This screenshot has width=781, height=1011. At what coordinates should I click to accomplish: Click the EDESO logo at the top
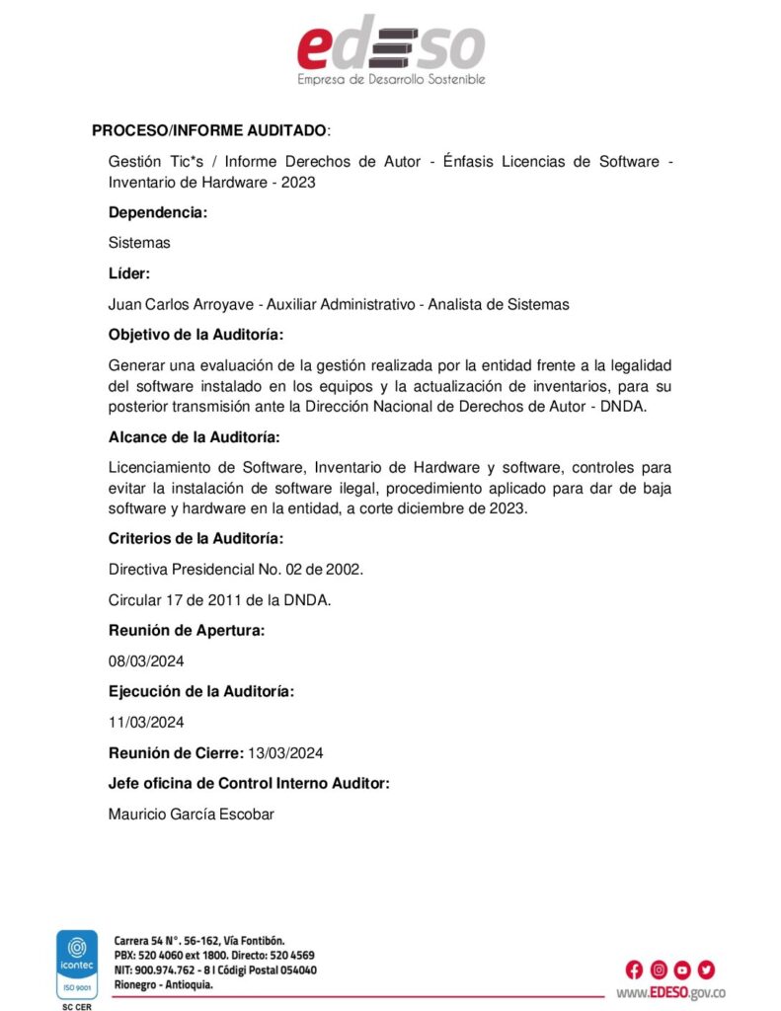tap(391, 49)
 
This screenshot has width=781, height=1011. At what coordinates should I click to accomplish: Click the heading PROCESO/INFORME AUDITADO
tap(209, 130)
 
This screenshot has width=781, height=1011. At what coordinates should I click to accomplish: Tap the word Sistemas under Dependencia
tap(139, 243)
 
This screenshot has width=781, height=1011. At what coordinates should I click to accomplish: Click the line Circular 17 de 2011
tap(219, 599)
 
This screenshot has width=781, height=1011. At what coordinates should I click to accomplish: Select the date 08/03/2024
tap(146, 661)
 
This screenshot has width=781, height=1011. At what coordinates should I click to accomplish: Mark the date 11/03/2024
tap(146, 722)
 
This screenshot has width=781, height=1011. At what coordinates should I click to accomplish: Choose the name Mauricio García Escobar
tap(191, 814)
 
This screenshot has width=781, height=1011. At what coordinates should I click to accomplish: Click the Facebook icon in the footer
tap(634, 969)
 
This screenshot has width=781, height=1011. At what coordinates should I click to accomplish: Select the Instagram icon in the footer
tap(658, 969)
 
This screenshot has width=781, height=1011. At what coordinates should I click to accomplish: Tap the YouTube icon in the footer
tap(681, 969)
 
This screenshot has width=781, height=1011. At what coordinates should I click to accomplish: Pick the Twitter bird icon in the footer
tap(705, 969)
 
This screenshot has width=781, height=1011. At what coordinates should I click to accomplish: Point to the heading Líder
tap(128, 273)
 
